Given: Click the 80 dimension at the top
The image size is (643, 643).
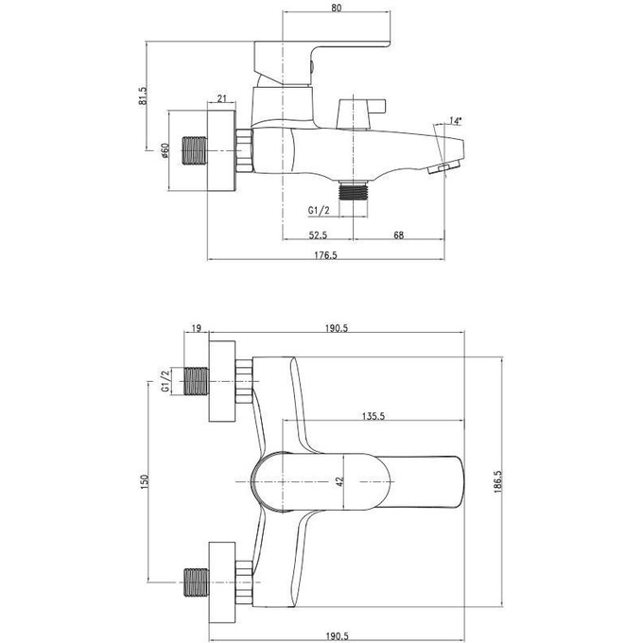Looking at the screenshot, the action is click(336, 8).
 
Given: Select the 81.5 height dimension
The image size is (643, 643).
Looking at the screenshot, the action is click(143, 96).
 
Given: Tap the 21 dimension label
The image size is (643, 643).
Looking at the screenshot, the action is click(221, 98).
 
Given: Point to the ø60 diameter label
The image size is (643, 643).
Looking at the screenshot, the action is click(165, 150).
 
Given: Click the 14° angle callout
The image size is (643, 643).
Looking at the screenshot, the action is click(455, 121).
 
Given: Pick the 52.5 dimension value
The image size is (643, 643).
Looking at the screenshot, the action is click(318, 235).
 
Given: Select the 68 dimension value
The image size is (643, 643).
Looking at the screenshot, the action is click(399, 235).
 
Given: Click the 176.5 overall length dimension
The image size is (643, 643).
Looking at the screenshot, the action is click(325, 255).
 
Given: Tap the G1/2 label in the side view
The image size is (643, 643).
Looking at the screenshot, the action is click(319, 210).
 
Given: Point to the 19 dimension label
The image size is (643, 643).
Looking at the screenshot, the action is click(197, 328).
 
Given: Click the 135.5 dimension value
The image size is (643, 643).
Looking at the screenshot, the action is click(374, 416).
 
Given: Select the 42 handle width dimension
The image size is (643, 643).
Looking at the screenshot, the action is click(340, 481).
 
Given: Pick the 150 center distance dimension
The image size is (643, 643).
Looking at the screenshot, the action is click(144, 482).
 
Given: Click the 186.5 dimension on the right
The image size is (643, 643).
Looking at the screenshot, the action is click(497, 481).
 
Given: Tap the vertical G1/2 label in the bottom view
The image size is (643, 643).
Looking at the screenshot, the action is click(165, 381).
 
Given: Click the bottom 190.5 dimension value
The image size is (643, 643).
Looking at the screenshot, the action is click(337, 636).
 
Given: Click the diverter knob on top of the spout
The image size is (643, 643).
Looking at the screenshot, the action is click(361, 113).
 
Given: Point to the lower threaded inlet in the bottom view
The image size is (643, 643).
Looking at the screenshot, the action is click(196, 582).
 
